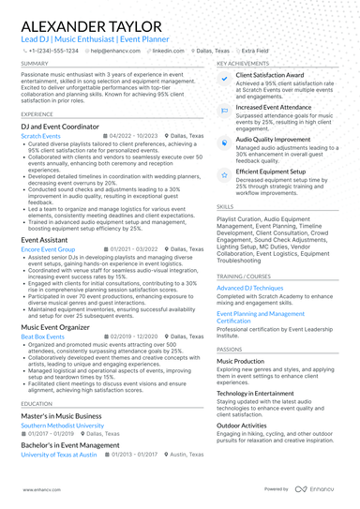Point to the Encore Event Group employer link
point(47,250)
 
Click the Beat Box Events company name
point(42,335)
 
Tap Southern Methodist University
point(62,425)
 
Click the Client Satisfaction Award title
point(269,74)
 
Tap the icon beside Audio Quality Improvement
point(225,138)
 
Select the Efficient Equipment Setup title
point(273,172)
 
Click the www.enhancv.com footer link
point(35,489)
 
